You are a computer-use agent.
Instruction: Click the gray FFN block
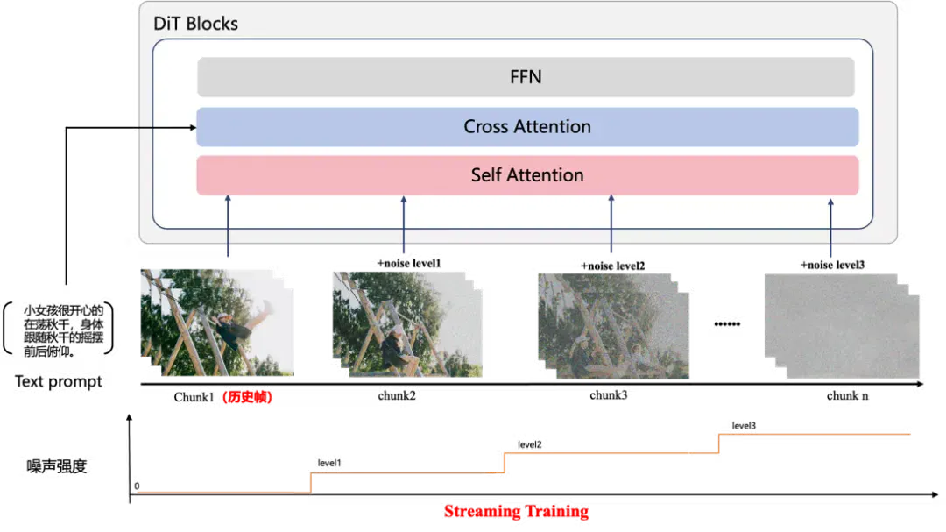[x=526, y=77]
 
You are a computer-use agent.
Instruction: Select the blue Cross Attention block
[x=527, y=127]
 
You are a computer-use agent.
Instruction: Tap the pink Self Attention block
[x=527, y=175]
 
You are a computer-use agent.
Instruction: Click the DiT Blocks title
[x=195, y=24]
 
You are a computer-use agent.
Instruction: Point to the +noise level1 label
[x=409, y=263]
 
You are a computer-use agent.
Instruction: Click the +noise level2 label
[x=613, y=266]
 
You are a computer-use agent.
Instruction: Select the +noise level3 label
[x=833, y=265]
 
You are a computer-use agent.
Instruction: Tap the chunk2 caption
[x=397, y=395]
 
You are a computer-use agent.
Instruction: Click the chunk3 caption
[x=608, y=395]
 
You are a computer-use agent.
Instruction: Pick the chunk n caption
[x=847, y=395]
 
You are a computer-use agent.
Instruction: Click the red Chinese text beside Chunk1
[x=247, y=397]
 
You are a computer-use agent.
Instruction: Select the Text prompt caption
[x=59, y=381]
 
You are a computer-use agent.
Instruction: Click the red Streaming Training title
[x=517, y=512]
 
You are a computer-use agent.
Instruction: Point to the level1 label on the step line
[x=329, y=463]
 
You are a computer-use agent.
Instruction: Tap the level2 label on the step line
[x=530, y=444]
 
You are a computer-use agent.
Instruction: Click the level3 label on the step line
[x=744, y=426]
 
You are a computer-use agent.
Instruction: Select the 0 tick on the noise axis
[x=137, y=486]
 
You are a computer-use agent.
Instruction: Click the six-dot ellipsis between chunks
[x=727, y=324]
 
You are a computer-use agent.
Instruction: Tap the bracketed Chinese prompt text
[x=63, y=330]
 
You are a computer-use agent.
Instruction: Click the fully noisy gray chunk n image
[x=842, y=327]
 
